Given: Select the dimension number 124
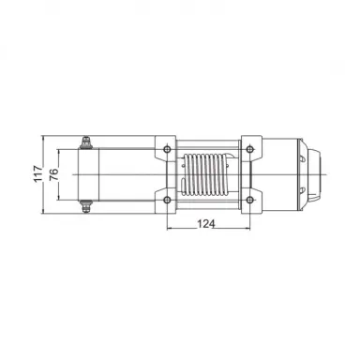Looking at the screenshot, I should coord(209,222).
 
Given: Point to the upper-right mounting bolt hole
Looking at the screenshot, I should coord(251,148).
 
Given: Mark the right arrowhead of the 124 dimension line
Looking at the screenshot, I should coord(248,229).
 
